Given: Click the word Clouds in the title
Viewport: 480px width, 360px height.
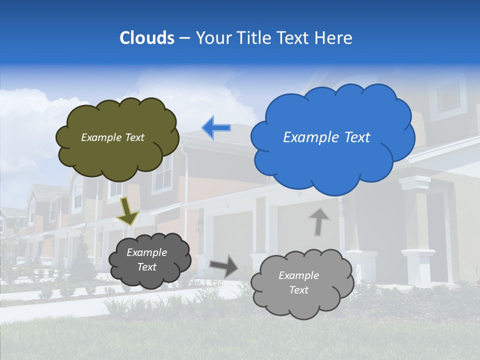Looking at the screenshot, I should point(147,38).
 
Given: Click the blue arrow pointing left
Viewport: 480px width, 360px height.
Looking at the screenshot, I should point(216,128).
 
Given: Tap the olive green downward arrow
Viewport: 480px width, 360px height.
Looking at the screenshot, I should point(128,212).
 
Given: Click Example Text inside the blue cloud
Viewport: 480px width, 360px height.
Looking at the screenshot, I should point(326,137).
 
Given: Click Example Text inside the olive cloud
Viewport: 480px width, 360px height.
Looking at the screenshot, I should point(112,137).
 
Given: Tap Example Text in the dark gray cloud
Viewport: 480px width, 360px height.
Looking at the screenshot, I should point(146,260).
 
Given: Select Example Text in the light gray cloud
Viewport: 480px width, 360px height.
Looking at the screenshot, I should point(298,282).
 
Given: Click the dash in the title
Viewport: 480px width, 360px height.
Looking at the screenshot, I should point(184,38).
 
